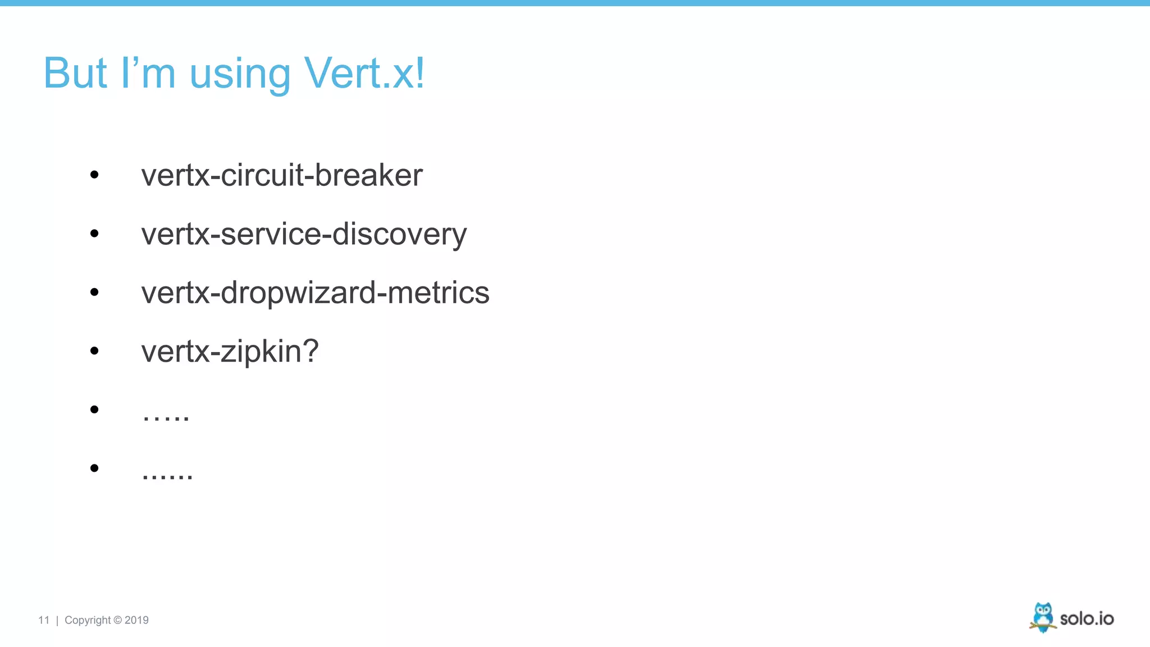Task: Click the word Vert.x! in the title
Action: [364, 74]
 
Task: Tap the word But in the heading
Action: [75, 74]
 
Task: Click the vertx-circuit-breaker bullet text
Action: [281, 175]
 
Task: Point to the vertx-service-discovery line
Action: [303, 234]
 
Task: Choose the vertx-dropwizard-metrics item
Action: [315, 293]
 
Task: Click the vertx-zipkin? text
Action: [230, 352]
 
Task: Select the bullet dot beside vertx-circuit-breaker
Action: [94, 175]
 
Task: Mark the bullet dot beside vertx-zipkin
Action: [94, 351]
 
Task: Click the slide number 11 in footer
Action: [44, 620]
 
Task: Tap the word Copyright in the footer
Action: [88, 621]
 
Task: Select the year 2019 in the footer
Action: [136, 620]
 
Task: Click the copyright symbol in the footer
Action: [117, 620]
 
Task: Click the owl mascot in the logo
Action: [1043, 617]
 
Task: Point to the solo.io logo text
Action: [1087, 619]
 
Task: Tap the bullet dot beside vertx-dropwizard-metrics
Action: [94, 292]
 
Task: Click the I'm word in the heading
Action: [148, 74]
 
